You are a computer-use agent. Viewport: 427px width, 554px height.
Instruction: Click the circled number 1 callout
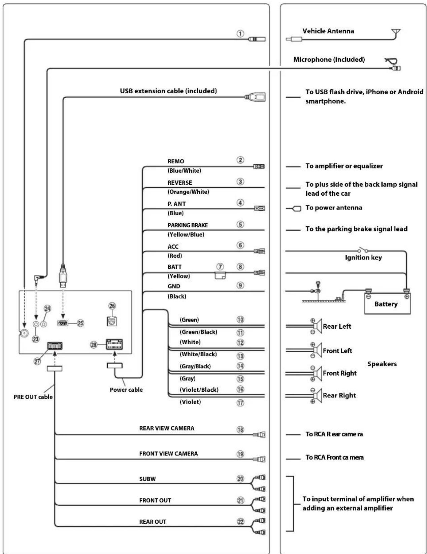tap(240, 33)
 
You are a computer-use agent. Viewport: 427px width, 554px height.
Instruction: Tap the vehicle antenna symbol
tap(396, 33)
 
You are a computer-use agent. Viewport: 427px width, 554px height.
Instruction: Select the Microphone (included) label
tap(329, 59)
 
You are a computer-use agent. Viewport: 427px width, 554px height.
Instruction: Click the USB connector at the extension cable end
tap(256, 97)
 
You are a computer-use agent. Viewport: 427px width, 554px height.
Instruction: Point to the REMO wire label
tap(176, 161)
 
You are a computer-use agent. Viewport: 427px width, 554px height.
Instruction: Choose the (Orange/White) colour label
tap(188, 192)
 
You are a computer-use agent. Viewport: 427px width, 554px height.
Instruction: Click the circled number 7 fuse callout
tap(220, 267)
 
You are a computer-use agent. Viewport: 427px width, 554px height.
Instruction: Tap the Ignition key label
tap(363, 258)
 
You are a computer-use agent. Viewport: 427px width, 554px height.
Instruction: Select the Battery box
tap(387, 304)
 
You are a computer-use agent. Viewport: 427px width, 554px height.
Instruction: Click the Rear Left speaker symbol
tap(317, 326)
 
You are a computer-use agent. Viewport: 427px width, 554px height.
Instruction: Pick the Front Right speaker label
tap(339, 373)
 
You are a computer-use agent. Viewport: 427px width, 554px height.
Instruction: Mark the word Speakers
tap(382, 364)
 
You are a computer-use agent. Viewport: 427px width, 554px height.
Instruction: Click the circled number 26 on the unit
tap(112, 306)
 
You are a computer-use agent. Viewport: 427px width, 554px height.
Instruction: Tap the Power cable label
tap(126, 390)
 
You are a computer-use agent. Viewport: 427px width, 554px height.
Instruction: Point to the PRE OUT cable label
tap(33, 397)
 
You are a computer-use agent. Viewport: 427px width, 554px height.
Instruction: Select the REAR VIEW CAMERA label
tap(167, 428)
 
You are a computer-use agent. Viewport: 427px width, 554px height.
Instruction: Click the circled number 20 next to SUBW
tap(240, 479)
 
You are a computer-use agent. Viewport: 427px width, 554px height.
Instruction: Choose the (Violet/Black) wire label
tap(199, 390)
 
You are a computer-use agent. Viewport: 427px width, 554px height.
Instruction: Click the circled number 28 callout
tap(94, 345)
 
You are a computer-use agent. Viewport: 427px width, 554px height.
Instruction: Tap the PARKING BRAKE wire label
tap(188, 225)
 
